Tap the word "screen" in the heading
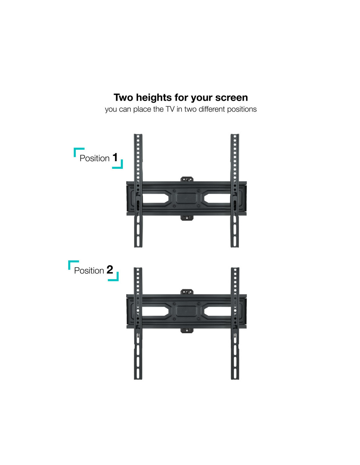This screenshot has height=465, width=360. click(231, 98)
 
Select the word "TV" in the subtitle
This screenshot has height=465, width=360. click(170, 109)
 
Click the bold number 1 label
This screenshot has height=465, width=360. click(115, 157)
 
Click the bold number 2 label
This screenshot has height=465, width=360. click(110, 269)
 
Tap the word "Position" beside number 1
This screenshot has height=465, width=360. click(95, 158)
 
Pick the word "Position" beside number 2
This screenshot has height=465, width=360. click(89, 270)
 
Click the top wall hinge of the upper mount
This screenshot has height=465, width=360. click(187, 179)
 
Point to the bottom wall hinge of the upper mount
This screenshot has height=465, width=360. click(187, 218)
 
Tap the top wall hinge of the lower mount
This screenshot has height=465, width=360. click(187, 292)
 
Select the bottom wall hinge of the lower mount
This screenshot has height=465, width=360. click(187, 331)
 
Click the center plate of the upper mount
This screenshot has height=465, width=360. click(186, 198)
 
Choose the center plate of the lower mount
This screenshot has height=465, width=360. click(186, 311)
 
